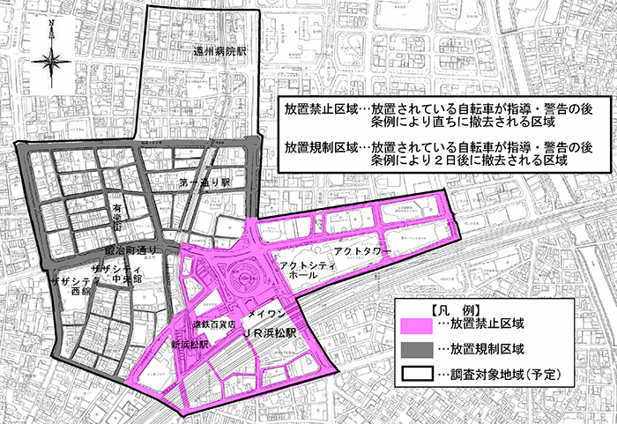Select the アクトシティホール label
click(303, 270)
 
